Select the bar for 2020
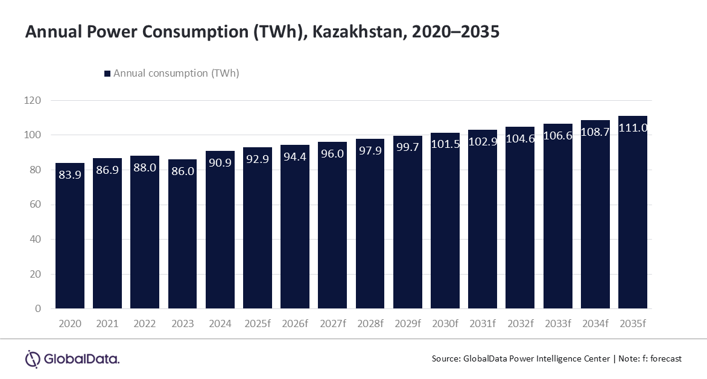pos(70,235)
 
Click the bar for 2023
pos(183,234)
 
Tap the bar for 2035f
pos(633,212)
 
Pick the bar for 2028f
pos(370,223)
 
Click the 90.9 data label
pos(220,163)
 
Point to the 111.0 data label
pos(633,128)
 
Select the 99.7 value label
pos(408,147)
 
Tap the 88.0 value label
pos(145,168)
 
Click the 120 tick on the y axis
pos(33,100)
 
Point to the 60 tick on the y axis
pos(35,205)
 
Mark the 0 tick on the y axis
pos(38,308)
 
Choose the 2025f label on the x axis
pos(258,323)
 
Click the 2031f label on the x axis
pos(483,323)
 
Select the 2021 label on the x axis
pos(107,323)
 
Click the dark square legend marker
pos(107,74)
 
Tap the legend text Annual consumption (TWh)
pos(176,73)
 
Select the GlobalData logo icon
pos(33,359)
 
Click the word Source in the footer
pos(445,358)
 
